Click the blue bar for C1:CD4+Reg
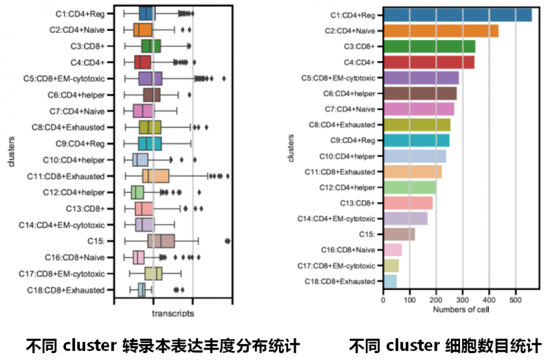(x=457, y=15)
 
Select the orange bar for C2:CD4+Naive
(x=441, y=31)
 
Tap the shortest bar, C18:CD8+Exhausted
(x=390, y=280)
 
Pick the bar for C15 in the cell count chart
(x=399, y=234)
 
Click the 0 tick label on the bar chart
(x=383, y=300)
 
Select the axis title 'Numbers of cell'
(x=461, y=310)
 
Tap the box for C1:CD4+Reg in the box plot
(x=147, y=14)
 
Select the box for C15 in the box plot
(x=161, y=240)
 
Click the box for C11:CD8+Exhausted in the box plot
(x=156, y=176)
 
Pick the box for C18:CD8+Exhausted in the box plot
(x=141, y=289)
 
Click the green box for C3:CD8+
(x=151, y=46)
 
